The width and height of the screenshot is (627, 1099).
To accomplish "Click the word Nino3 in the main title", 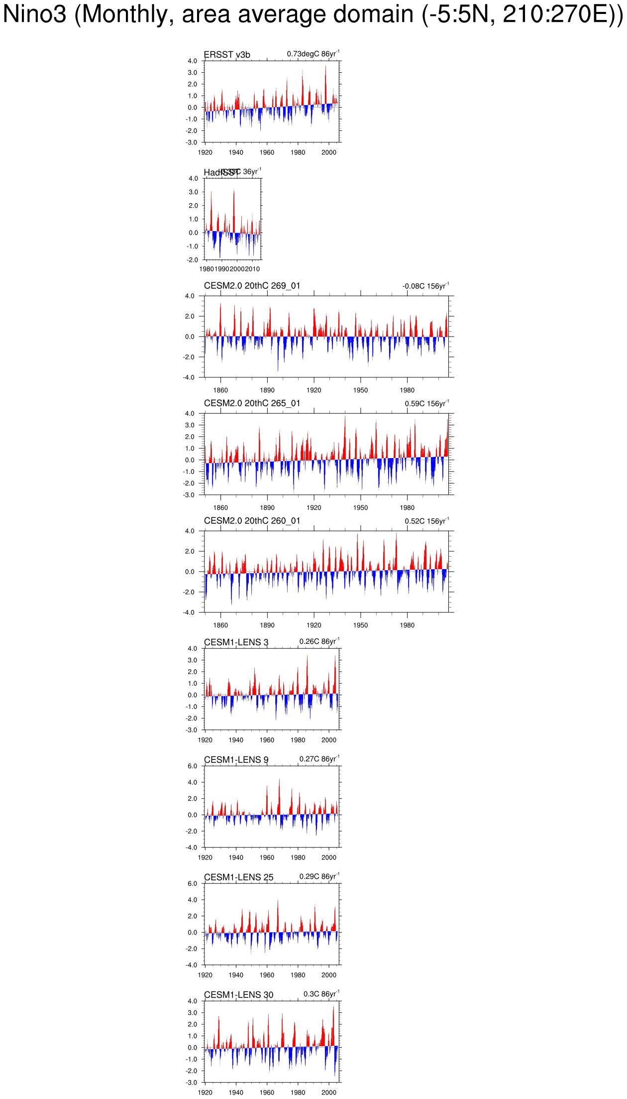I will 35,14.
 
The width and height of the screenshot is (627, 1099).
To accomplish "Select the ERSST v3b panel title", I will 227,55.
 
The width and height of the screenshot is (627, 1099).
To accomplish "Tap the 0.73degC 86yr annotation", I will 313,54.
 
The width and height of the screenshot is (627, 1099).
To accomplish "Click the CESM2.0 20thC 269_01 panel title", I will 252,286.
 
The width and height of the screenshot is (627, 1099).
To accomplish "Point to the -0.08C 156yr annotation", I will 425,286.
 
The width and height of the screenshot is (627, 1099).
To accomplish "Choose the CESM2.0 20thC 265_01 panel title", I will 252,403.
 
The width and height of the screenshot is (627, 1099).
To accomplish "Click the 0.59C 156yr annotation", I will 426,403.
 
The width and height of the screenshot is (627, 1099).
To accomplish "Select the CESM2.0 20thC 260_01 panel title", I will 252,521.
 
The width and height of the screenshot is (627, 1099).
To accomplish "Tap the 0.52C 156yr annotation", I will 426,521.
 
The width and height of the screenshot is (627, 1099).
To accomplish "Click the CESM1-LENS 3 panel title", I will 236,642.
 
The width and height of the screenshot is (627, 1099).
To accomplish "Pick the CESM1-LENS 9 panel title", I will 236,760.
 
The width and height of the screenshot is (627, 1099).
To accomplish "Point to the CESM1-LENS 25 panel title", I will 238,877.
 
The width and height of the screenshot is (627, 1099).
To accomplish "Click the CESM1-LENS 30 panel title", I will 238,995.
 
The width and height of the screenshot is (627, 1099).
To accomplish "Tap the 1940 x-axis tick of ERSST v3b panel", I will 236,152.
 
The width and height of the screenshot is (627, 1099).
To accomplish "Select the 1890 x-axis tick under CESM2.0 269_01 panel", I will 267,390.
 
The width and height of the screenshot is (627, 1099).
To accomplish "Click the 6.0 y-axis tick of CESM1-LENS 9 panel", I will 193,766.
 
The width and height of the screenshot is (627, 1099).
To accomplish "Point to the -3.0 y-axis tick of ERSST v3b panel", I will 192,142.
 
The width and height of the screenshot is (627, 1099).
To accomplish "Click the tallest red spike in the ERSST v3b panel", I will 326,67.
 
